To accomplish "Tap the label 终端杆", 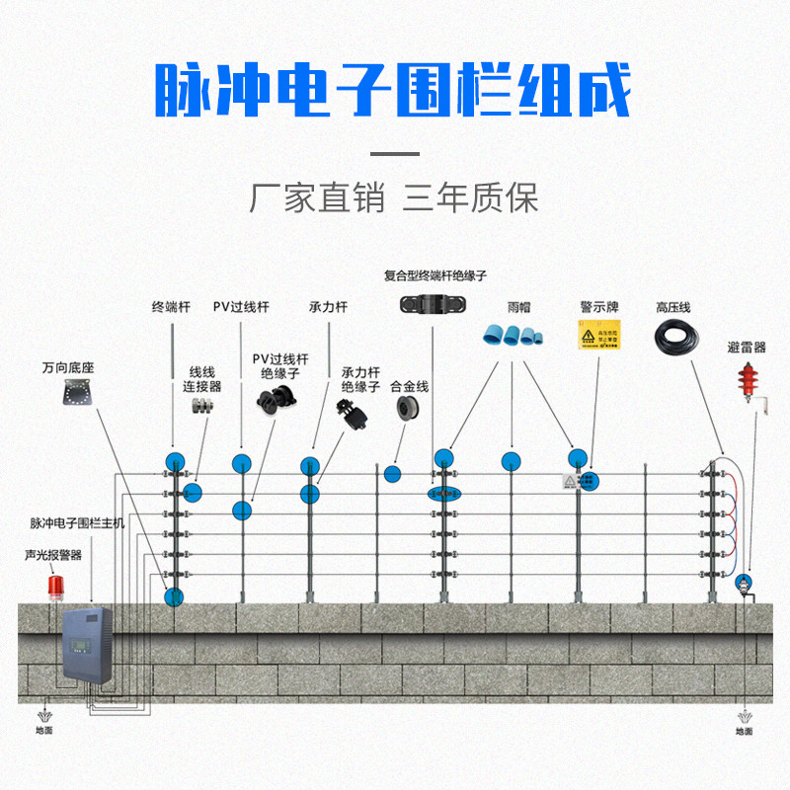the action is coord(171,307).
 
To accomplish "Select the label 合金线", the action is coord(409,386).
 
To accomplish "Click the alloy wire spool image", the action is coord(407,408).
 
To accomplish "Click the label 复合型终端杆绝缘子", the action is coord(435,276).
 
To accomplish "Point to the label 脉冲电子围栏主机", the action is coord(77,523).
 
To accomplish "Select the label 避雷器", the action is coord(747,348).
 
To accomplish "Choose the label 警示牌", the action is coord(599,307).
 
